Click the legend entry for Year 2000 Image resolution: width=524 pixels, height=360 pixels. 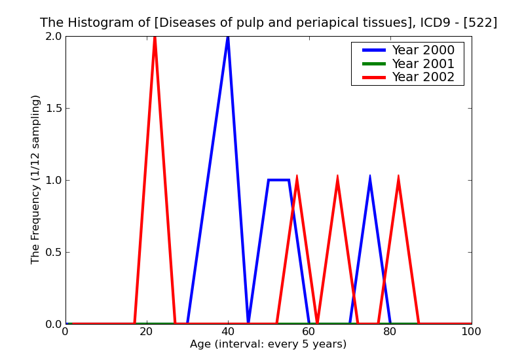tap(422, 50)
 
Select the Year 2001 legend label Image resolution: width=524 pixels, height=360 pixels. tap(422, 63)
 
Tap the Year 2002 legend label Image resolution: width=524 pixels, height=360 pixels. tap(422, 77)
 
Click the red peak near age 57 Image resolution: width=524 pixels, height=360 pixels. tap(297, 177)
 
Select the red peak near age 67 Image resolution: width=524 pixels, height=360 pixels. tap(337, 177)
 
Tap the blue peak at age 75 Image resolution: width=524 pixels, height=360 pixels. tap(370, 177)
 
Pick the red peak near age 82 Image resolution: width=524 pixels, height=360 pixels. tap(398, 177)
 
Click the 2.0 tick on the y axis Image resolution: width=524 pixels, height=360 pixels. tap(54, 37)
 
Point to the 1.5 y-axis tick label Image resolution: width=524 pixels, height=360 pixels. tap(54, 108)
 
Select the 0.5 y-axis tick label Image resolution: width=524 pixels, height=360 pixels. tap(54, 252)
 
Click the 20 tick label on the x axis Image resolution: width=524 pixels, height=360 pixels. tap(147, 332)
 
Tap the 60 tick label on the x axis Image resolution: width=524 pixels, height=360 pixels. tap(309, 332)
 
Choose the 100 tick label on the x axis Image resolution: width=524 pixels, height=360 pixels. tap(471, 332)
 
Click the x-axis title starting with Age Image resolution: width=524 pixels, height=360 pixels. tap(268, 344)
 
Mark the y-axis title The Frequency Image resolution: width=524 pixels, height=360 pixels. tap(36, 179)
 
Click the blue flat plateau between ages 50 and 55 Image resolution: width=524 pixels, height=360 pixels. tap(278, 180)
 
